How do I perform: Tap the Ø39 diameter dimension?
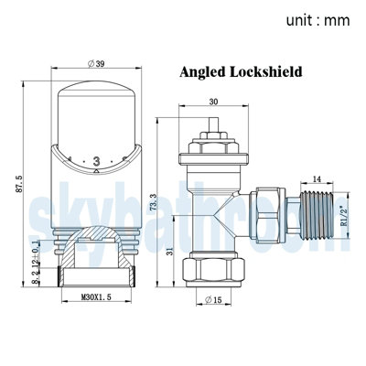pyautogui.click(x=94, y=64)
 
